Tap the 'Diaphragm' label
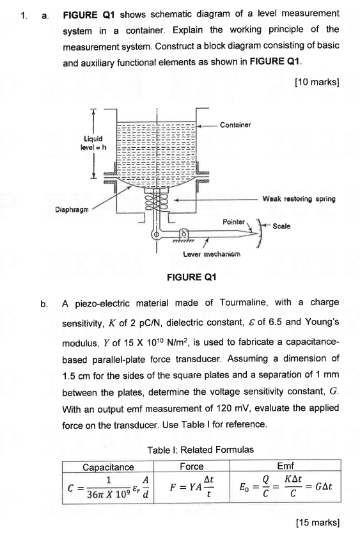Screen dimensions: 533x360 click(x=74, y=208)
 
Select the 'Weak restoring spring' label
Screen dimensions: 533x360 click(x=299, y=199)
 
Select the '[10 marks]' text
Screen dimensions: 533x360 click(x=317, y=82)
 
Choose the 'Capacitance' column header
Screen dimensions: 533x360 click(x=109, y=467)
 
